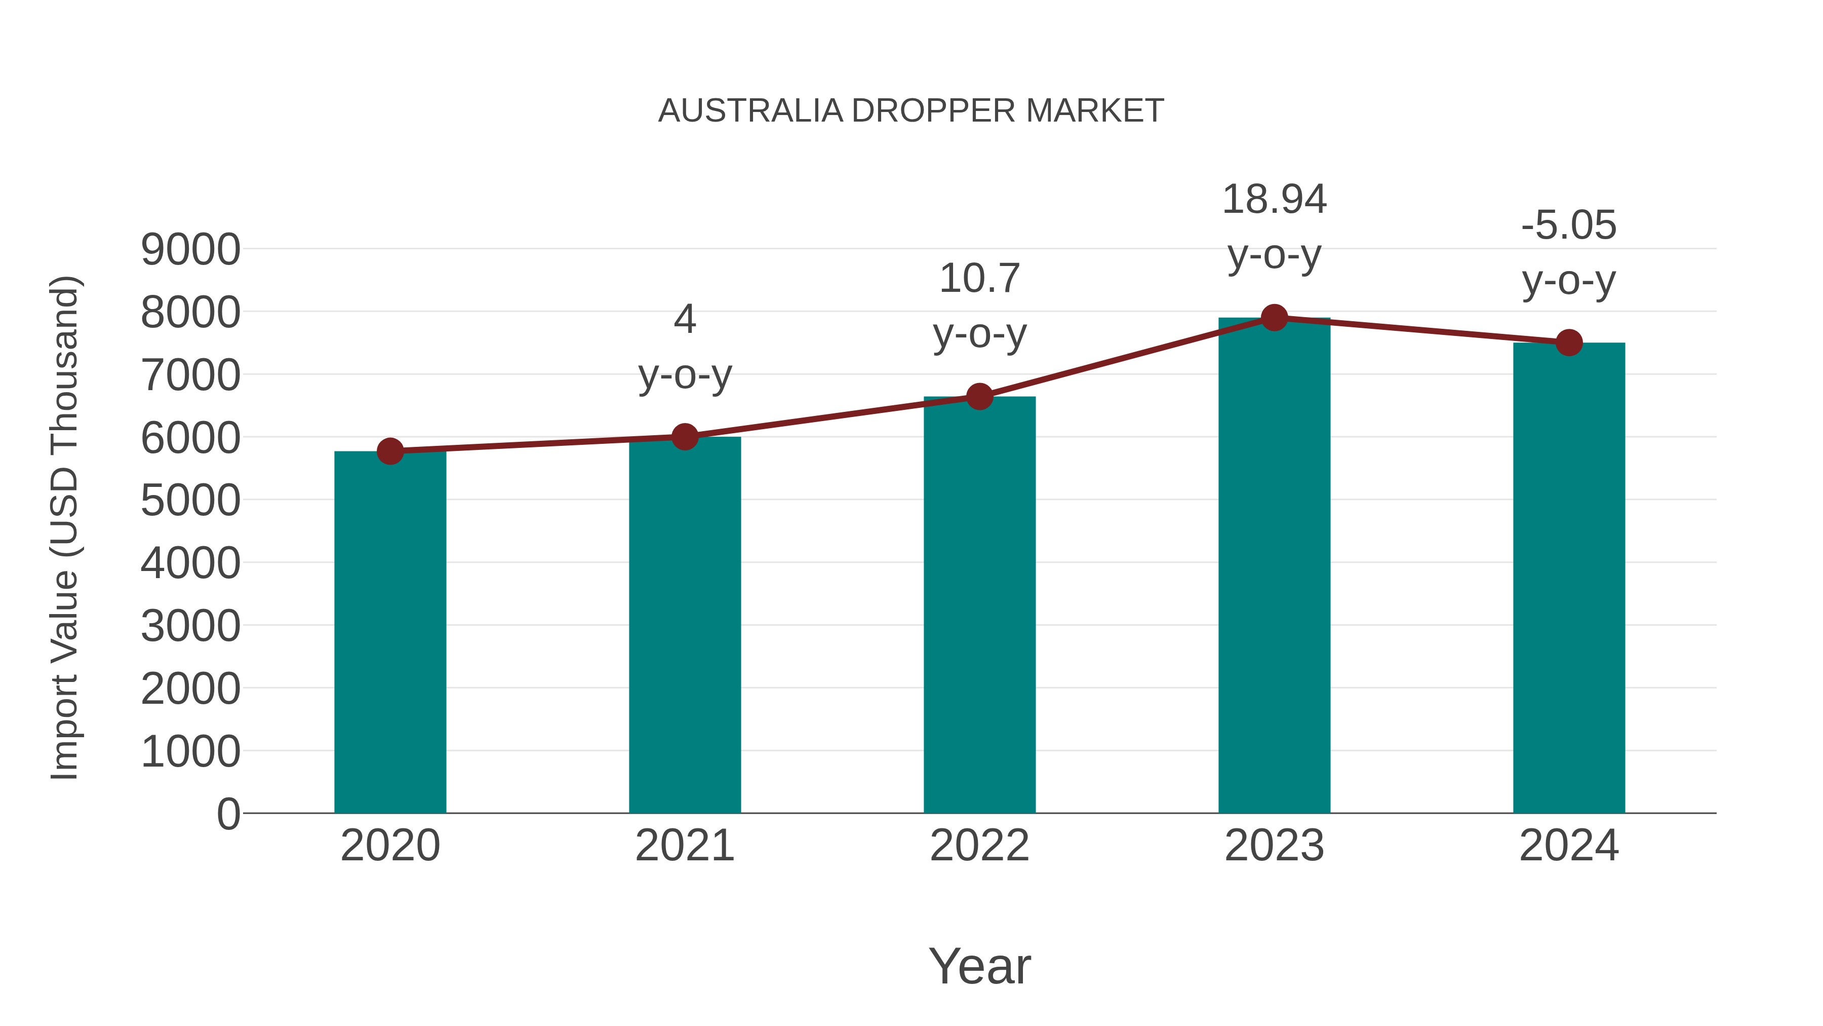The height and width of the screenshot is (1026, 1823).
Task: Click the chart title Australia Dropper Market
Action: click(911, 111)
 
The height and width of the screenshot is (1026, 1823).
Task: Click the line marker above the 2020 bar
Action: click(390, 451)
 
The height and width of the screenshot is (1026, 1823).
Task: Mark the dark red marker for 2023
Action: click(1274, 318)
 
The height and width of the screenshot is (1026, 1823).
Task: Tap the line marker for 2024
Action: click(1569, 343)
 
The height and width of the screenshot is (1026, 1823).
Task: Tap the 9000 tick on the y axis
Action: click(190, 249)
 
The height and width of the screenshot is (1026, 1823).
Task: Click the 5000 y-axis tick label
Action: click(190, 501)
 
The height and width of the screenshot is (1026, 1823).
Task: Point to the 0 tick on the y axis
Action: click(228, 814)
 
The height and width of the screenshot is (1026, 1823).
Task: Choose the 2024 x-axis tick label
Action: click(1569, 846)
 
